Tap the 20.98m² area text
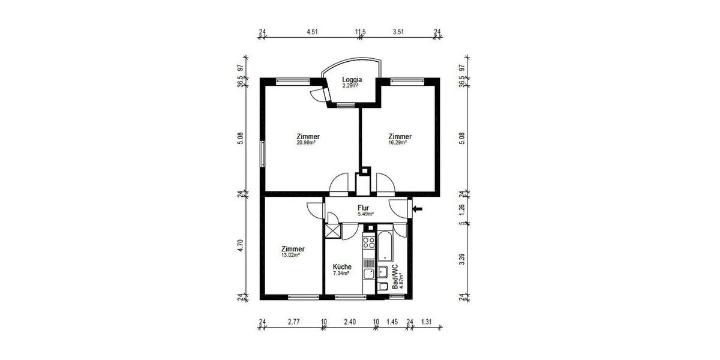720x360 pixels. pyautogui.click(x=307, y=143)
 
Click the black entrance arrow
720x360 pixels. pyautogui.click(x=418, y=209)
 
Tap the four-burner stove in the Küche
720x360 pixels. pyautogui.click(x=369, y=243)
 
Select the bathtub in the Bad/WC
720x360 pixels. pyautogui.click(x=385, y=247)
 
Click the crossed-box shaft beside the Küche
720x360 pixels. pyautogui.click(x=332, y=231)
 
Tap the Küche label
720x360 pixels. pyautogui.click(x=342, y=267)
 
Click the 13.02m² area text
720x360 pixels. pyautogui.click(x=292, y=255)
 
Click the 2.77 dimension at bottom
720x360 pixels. pyautogui.click(x=293, y=322)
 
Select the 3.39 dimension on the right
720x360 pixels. pyautogui.click(x=461, y=259)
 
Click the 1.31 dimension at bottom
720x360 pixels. pyautogui.click(x=427, y=322)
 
